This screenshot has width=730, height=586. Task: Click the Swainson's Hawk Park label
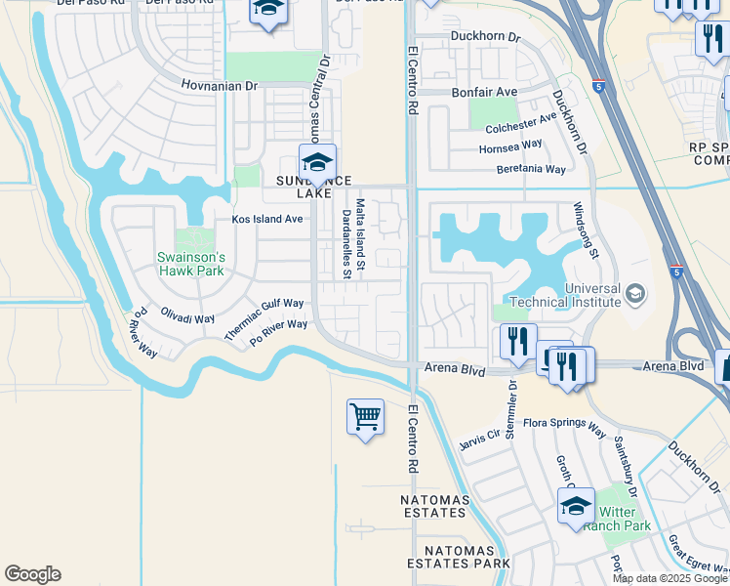pyautogui.click(x=191, y=264)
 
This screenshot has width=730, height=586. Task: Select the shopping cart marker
pyautogui.click(x=365, y=417)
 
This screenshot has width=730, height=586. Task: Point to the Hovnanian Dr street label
pyautogui.click(x=220, y=86)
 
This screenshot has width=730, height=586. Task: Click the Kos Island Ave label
pyautogui.click(x=266, y=219)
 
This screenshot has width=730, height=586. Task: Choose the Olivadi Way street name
pyautogui.click(x=187, y=318)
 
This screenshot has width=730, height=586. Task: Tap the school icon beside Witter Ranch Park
pyautogui.click(x=576, y=507)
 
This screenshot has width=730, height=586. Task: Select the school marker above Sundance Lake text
pyautogui.click(x=317, y=162)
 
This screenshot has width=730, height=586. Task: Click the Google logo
pyautogui.click(x=32, y=574)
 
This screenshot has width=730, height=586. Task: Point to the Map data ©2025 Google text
pyautogui.click(x=669, y=578)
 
